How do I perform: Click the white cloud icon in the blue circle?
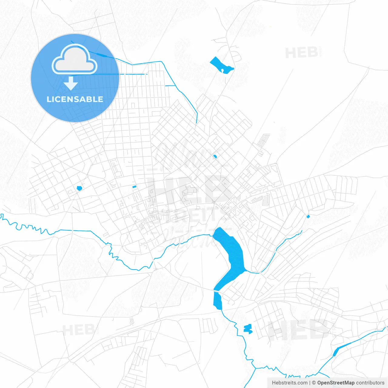tap(75, 59)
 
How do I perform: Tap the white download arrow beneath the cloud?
tap(71, 83)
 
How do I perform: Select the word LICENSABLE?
tap(75, 99)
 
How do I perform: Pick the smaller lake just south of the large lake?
tap(217, 300)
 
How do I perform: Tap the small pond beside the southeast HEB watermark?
tap(248, 329)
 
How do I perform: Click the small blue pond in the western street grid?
tap(79, 188)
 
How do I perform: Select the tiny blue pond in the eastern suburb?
tap(308, 216)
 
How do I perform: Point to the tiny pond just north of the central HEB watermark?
tap(215, 156)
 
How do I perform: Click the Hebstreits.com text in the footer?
tap(289, 383)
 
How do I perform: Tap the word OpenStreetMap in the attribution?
tap(336, 383)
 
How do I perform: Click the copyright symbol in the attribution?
tap(314, 383)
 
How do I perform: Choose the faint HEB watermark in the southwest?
tap(78, 330)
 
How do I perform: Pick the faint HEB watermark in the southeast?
tap(299, 330)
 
